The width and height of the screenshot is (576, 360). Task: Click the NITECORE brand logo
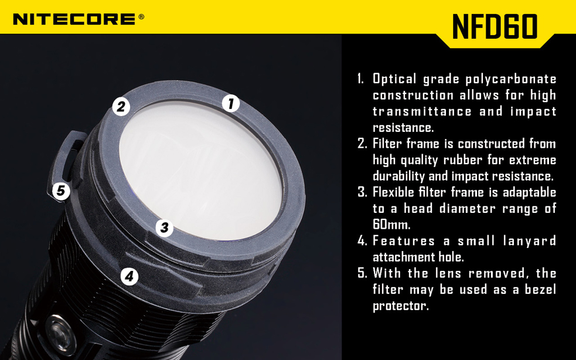(74, 19)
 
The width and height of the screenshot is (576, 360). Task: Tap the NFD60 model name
(495, 26)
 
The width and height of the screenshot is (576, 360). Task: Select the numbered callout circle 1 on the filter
(231, 103)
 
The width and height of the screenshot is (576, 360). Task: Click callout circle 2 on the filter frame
(121, 106)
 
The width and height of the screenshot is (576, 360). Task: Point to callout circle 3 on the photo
(165, 227)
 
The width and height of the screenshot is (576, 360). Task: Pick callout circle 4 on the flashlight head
(129, 276)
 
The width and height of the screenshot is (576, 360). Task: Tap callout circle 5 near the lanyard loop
(61, 191)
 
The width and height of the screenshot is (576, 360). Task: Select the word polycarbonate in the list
(511, 79)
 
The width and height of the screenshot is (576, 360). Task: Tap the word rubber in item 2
(460, 159)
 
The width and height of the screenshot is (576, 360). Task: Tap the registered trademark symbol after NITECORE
(141, 16)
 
